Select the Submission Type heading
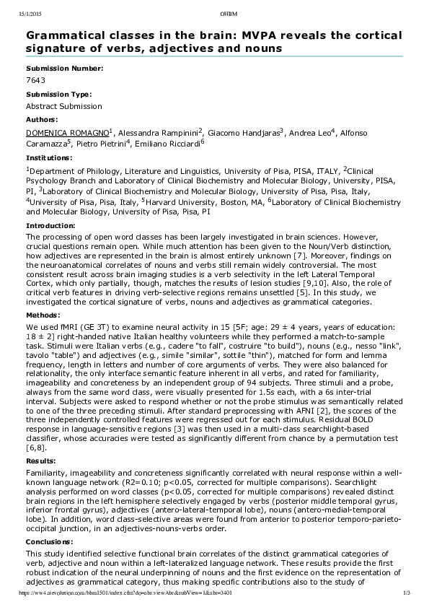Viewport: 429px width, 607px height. point(59,94)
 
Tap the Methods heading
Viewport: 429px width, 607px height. point(42,315)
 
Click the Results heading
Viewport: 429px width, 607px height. point(41,460)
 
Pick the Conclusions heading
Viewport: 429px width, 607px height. point(50,541)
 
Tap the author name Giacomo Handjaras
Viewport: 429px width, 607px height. point(243,133)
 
